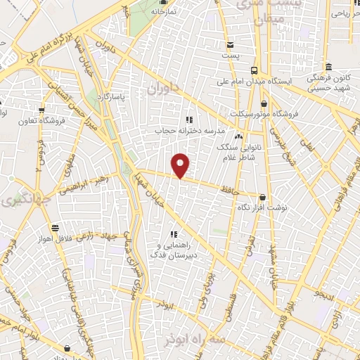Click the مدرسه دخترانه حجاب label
tap(188, 130)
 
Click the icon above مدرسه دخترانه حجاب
tap(188, 119)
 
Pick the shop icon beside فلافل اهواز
tap(56, 228)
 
